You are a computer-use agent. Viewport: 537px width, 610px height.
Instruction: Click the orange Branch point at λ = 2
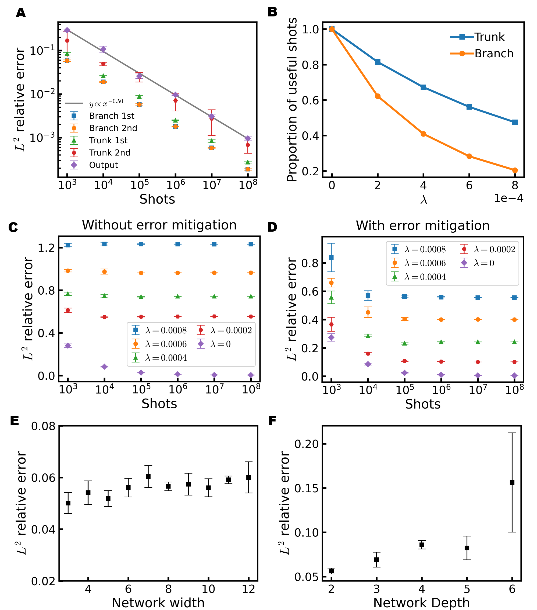(x=378, y=96)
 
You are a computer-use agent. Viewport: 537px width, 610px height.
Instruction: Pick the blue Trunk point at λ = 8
(x=515, y=122)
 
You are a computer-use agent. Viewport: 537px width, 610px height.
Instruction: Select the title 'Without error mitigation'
(x=159, y=225)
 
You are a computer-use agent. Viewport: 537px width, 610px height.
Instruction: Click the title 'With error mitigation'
(x=422, y=226)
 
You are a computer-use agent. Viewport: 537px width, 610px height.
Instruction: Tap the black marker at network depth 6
(x=512, y=483)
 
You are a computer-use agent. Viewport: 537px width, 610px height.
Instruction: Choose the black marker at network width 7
(x=148, y=477)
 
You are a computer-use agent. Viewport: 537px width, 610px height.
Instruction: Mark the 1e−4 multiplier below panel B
(x=508, y=198)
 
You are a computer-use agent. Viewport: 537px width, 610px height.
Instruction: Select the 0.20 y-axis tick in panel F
(x=306, y=444)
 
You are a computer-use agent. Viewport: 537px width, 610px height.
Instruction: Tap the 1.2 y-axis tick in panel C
(x=46, y=248)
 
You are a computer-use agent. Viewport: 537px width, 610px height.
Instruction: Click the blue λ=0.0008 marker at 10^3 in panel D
(x=331, y=257)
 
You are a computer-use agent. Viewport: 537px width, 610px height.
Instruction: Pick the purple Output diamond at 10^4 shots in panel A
(x=103, y=49)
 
